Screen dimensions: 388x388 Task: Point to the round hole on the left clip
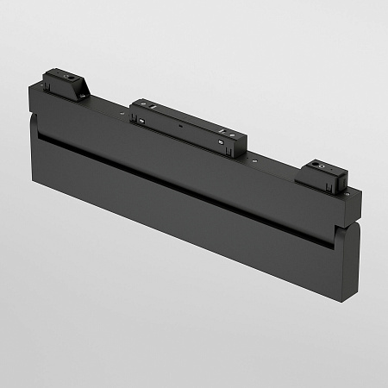click(65, 76)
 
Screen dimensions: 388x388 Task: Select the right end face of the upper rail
click(354, 207)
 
